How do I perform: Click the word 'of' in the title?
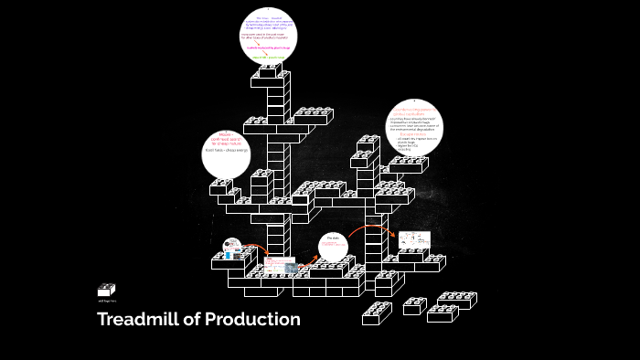pos(190,320)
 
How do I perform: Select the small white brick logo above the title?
pos(106,290)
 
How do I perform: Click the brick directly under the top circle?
pos(271,71)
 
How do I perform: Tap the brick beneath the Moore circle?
pos(221,186)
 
